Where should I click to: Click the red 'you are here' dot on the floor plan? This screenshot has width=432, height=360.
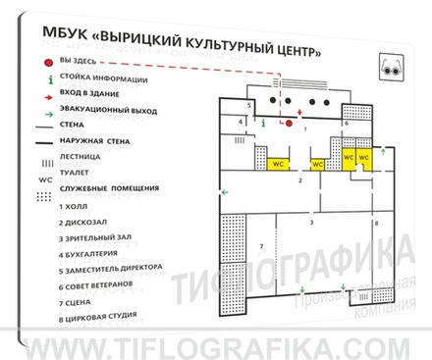pos(289,125)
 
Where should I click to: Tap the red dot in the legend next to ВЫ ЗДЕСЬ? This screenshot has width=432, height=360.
pos(46,63)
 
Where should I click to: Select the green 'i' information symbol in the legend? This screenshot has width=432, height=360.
pos(47,79)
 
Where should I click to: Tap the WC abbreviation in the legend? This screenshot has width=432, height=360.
pos(44,180)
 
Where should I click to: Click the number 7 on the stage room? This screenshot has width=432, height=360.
pos(261,245)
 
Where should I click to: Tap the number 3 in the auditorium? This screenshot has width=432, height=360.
pos(311,224)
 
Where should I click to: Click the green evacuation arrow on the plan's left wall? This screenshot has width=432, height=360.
pos(225,193)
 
